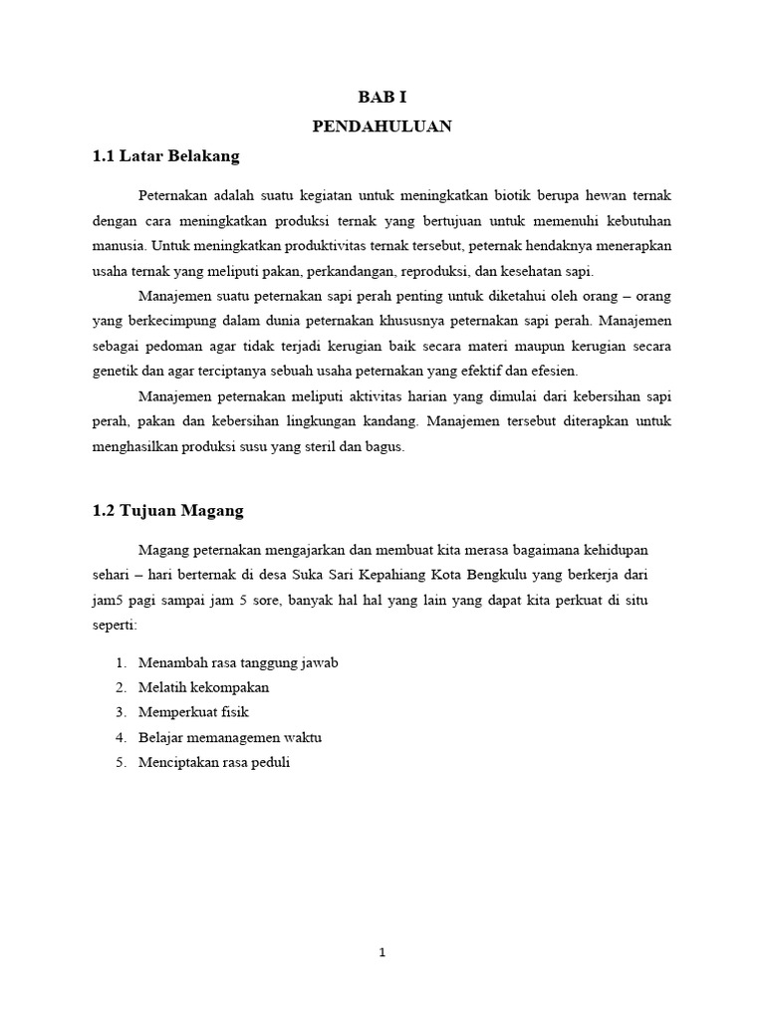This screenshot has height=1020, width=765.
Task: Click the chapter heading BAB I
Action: coord(382,97)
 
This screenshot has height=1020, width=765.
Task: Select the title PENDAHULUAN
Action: coord(382,126)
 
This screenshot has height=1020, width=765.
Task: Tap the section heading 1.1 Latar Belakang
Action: coord(165,156)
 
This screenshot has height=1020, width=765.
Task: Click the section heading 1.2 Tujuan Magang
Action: coord(167,510)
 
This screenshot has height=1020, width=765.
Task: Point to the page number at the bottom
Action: coord(382,952)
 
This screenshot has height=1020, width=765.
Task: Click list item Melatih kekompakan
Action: coord(204,687)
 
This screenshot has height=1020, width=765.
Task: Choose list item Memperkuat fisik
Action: coord(193,712)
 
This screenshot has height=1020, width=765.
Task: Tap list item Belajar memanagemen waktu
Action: coord(230,737)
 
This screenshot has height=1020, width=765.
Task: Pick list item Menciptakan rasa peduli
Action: coord(214,762)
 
